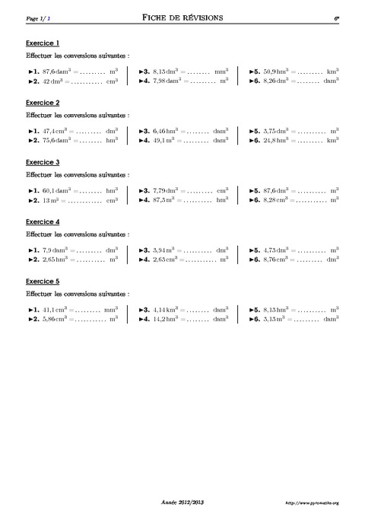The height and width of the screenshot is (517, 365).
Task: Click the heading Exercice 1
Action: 43,43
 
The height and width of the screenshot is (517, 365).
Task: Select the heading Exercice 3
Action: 43,162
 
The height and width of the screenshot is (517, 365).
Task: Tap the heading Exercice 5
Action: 43,281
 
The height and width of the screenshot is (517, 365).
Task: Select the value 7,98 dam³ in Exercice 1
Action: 167,79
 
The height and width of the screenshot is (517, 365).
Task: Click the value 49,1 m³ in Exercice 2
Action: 164,139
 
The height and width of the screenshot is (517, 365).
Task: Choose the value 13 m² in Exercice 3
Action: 51,199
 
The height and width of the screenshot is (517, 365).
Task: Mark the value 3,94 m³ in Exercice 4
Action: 164,250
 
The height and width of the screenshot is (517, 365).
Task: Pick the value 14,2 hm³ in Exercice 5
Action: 166,319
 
